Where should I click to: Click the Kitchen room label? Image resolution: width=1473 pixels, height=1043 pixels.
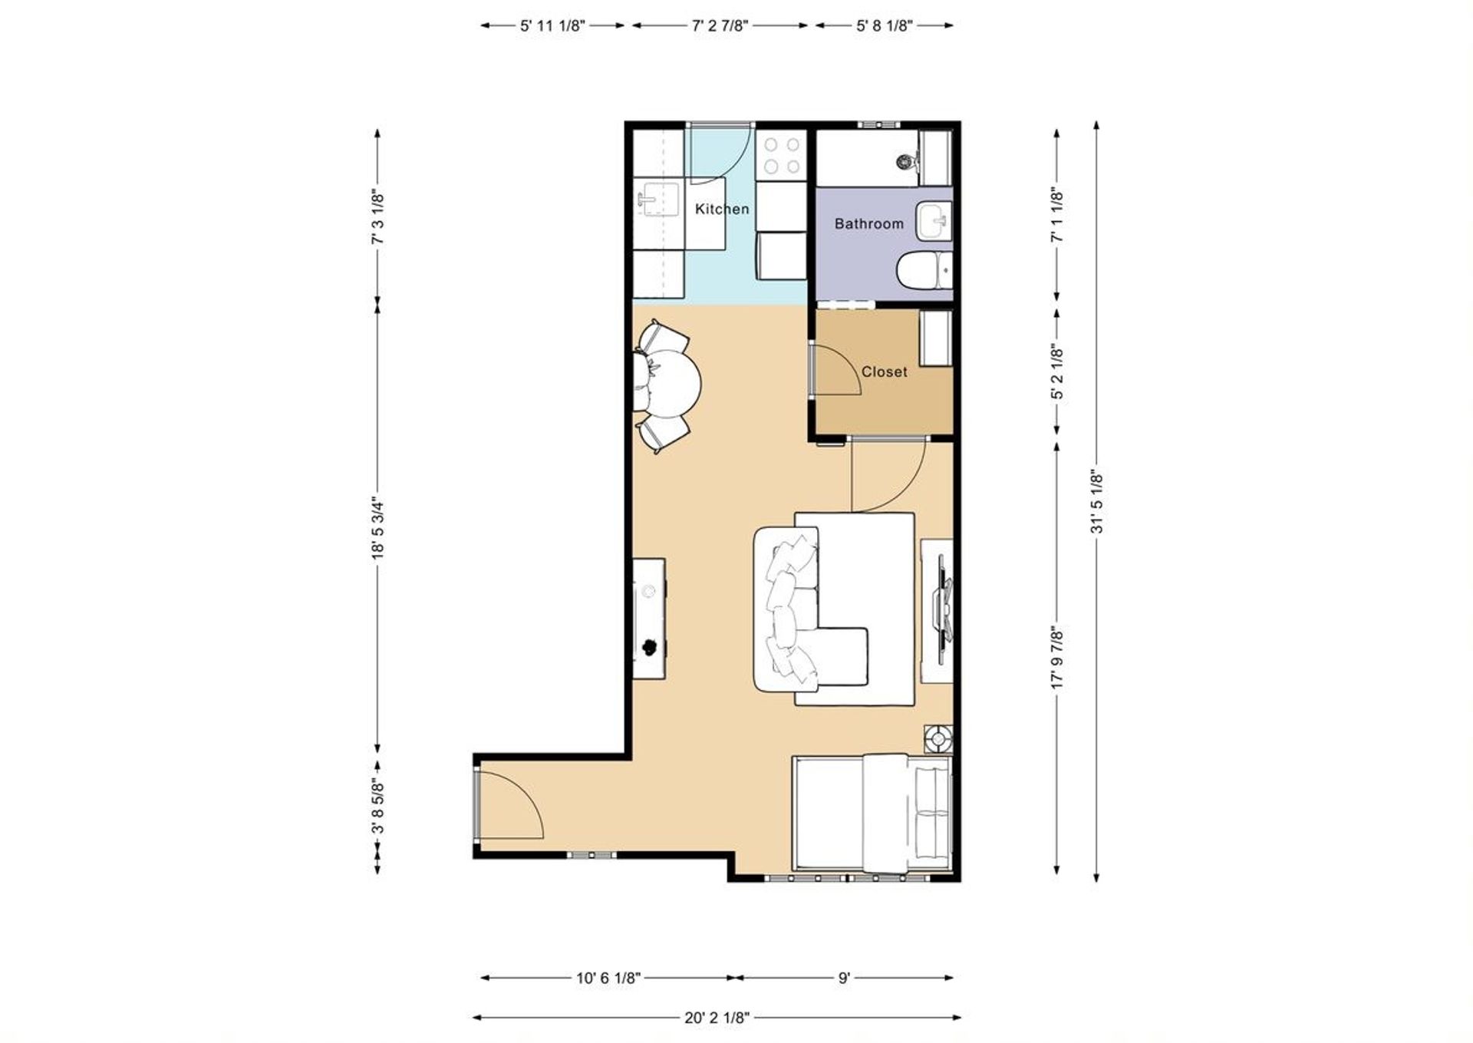[x=721, y=209]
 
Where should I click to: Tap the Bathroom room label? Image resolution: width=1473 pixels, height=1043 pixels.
[x=868, y=224]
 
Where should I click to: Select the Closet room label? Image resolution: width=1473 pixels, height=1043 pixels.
[x=884, y=371]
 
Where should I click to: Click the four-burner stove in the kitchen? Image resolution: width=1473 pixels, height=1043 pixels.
[x=781, y=156]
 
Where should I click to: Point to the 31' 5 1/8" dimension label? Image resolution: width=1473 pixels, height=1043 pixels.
[x=1096, y=503]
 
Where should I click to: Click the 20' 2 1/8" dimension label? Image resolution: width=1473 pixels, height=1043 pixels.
[x=716, y=1018]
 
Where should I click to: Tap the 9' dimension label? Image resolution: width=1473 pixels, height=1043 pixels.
[x=844, y=978]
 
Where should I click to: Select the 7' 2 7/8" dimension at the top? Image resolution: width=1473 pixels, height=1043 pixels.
[x=720, y=25]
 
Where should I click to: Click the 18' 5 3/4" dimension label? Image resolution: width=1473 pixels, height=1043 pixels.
[x=377, y=529]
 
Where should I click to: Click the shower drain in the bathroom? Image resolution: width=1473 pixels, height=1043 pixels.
[x=905, y=162]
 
